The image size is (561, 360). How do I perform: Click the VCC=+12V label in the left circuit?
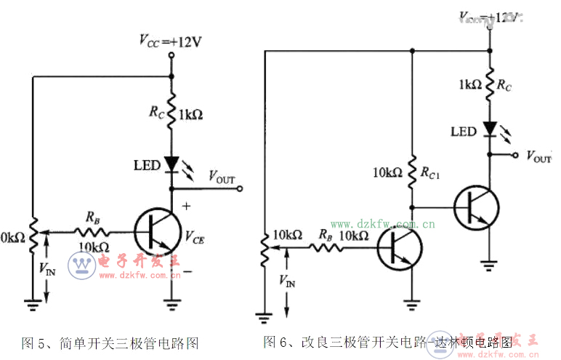pyautogui.click(x=171, y=41)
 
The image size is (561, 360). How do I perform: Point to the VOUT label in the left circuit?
pyautogui.click(x=222, y=176)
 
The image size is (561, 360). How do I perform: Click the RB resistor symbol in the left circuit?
pyautogui.click(x=92, y=232)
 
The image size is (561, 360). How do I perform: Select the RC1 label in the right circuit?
pyautogui.click(x=432, y=173)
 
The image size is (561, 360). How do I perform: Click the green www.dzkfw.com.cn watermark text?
pyautogui.click(x=382, y=224)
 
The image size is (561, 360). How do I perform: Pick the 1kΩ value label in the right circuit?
pyautogui.click(x=469, y=84)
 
